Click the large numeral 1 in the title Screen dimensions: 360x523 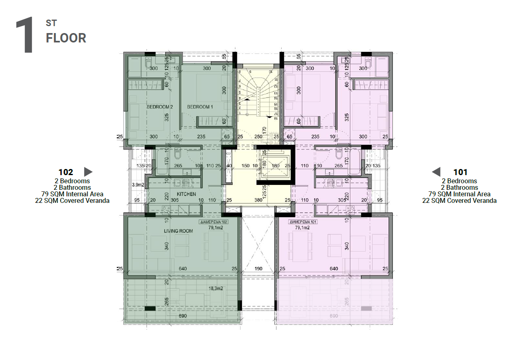click(24, 36)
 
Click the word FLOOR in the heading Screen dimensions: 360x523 click(66, 38)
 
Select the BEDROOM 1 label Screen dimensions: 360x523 click(200, 107)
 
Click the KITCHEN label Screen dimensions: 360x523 click(186, 194)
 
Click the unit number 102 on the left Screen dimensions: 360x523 click(66, 172)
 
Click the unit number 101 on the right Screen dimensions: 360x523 click(461, 172)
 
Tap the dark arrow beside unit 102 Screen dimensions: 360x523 click(88, 171)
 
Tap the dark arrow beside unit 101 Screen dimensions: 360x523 click(436, 171)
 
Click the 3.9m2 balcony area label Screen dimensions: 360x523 click(139, 185)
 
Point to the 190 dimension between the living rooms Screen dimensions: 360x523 click(258, 269)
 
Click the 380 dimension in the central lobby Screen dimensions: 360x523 click(258, 200)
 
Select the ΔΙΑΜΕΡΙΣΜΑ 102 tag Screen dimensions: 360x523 click(213, 222)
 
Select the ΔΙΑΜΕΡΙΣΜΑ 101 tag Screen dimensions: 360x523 click(303, 222)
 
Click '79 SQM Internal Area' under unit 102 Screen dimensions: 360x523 click(72, 194)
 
